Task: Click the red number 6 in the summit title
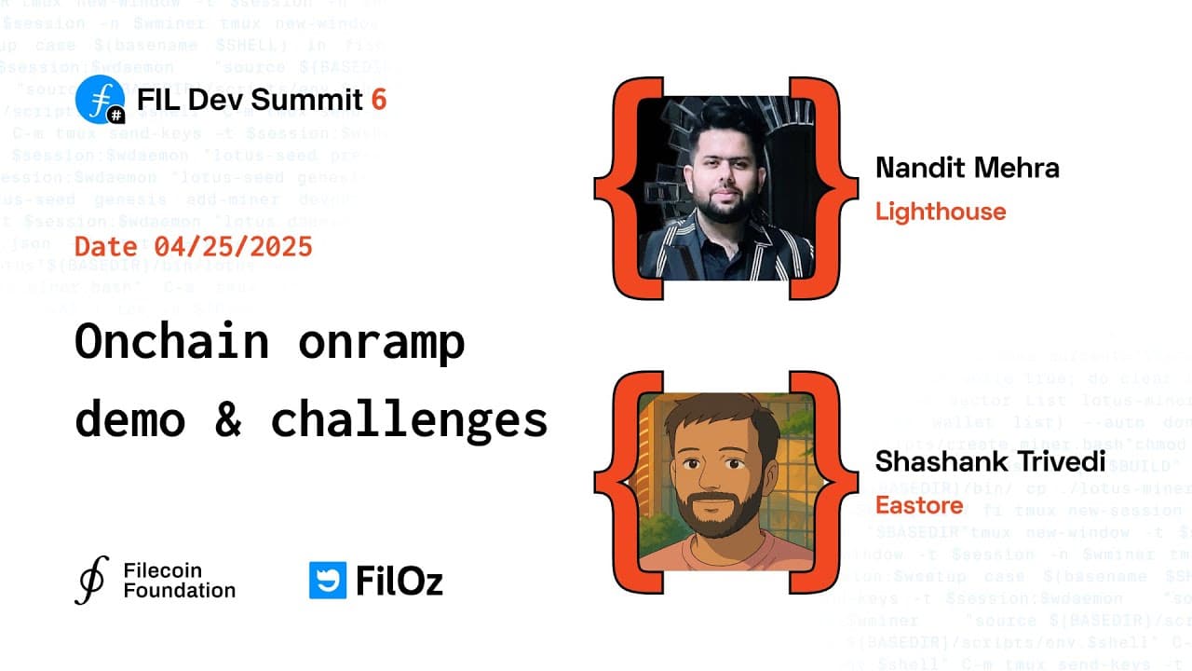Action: (378, 99)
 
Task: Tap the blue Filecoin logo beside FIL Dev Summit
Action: (99, 99)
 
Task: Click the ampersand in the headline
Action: (227, 420)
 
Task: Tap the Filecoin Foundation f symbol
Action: (90, 580)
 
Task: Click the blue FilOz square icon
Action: (327, 580)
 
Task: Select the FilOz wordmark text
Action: (400, 581)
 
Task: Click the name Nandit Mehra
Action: (967, 168)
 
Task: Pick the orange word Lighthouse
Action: (941, 212)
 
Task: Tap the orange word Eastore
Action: (918, 505)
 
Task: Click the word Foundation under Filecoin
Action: (180, 590)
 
